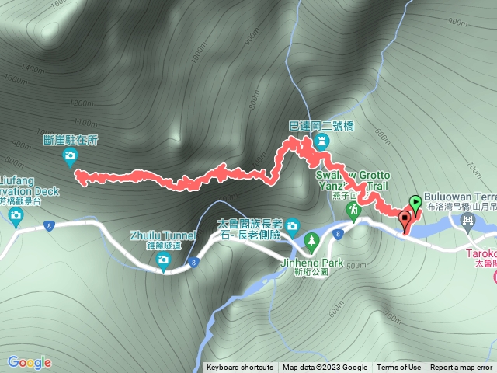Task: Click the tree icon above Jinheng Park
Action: (x=311, y=242)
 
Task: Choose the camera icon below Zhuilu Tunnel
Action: (x=162, y=260)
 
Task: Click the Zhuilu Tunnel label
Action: (x=162, y=234)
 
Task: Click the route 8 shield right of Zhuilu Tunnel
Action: (x=193, y=263)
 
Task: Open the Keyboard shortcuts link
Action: (x=240, y=368)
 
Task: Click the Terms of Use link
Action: (x=399, y=368)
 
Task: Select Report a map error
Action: (x=461, y=368)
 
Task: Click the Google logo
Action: (x=29, y=362)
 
